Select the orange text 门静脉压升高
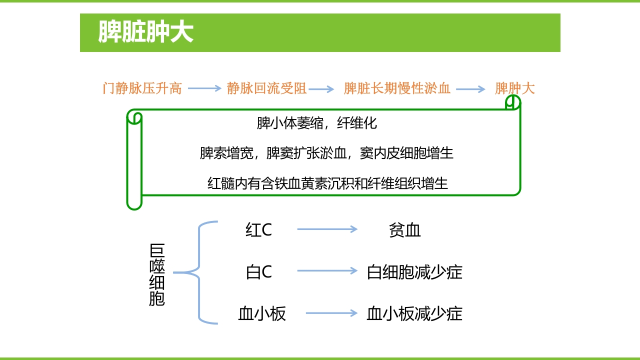click(142, 89)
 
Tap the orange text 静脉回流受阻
click(266, 89)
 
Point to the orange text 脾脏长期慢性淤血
click(397, 89)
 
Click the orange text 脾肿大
click(514, 89)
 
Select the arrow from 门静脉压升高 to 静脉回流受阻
click(204, 89)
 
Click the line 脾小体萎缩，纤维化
click(316, 123)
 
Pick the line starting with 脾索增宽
click(326, 153)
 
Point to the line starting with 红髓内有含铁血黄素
click(327, 183)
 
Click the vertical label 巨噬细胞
click(157, 275)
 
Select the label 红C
click(258, 230)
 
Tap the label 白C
click(258, 272)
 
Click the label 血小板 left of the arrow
click(262, 314)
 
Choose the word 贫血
click(404, 230)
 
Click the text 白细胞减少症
click(414, 272)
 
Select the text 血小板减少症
click(414, 314)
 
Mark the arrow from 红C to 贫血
click(327, 229)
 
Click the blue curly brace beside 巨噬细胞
click(200, 272)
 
